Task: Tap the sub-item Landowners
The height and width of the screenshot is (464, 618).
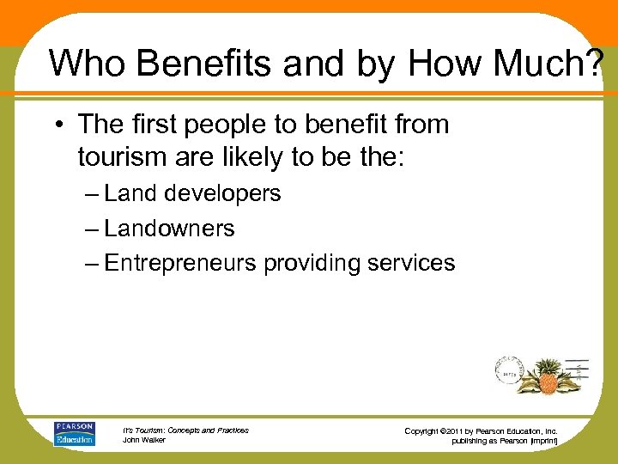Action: tap(170, 229)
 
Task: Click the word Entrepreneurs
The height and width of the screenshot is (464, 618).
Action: tap(180, 263)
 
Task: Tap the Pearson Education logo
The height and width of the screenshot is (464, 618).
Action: tap(74, 434)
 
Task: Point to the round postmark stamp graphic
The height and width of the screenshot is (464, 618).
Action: tap(509, 370)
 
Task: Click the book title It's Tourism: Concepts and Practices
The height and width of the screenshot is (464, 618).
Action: tap(186, 430)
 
